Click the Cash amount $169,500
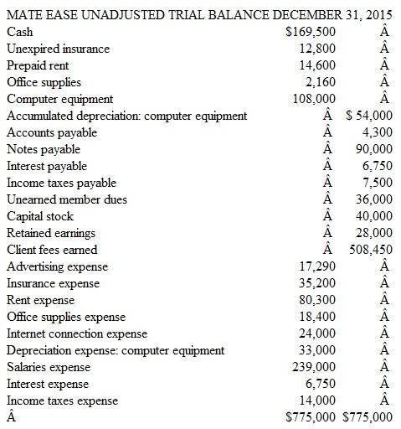point(311,32)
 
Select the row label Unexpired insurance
point(58,49)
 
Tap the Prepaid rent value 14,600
point(318,65)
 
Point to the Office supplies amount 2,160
point(321,82)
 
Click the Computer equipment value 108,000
point(315,99)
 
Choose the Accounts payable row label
point(52,132)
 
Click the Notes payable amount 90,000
point(373,149)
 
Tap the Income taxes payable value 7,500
point(377,183)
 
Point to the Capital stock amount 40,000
point(373,216)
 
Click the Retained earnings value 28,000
point(373,233)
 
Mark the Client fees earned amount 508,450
point(370,250)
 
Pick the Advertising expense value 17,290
point(318,266)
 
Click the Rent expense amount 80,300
point(318,300)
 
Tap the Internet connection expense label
point(77,333)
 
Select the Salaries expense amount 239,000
point(315,367)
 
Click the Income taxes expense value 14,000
point(318,401)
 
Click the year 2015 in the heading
point(380,15)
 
